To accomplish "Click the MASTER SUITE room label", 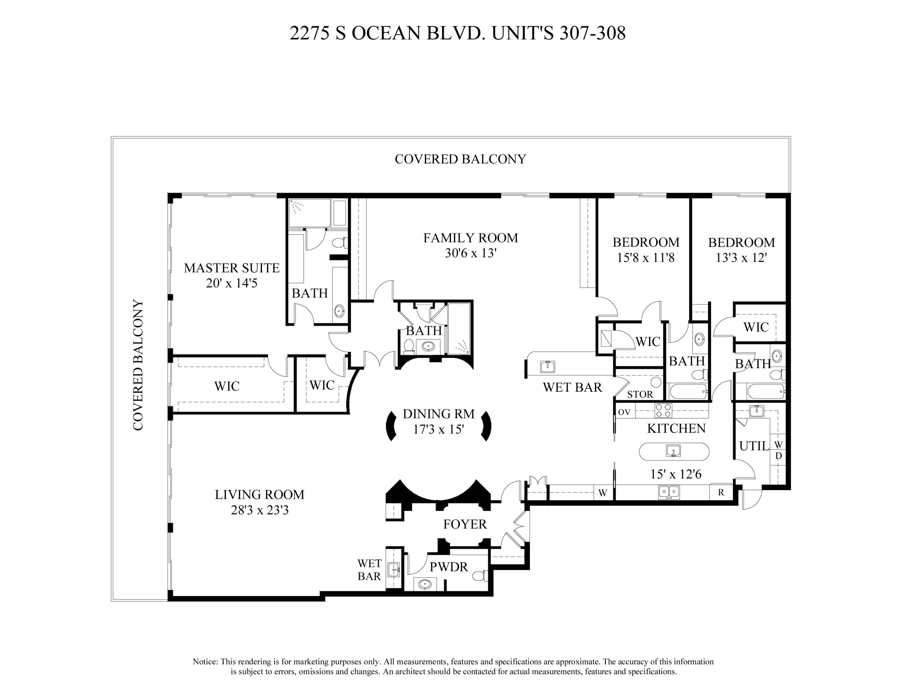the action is [x=231, y=268].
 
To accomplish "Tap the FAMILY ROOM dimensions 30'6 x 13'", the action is [x=470, y=253].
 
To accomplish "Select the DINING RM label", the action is [x=438, y=414].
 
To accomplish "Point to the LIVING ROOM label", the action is [x=260, y=494].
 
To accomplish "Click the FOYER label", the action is [x=465, y=524].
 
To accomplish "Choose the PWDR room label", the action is [x=448, y=567].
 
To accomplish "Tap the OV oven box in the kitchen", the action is [x=624, y=412].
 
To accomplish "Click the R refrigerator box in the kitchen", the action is [x=721, y=493].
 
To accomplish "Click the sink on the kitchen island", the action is [x=674, y=451].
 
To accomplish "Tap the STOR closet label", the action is [x=640, y=394].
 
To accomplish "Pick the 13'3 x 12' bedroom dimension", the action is [x=741, y=258].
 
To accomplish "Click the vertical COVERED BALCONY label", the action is [x=138, y=365].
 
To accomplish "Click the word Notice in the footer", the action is [x=205, y=662].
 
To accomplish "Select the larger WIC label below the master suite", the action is [x=227, y=386].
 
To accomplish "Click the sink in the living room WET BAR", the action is [x=394, y=569].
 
